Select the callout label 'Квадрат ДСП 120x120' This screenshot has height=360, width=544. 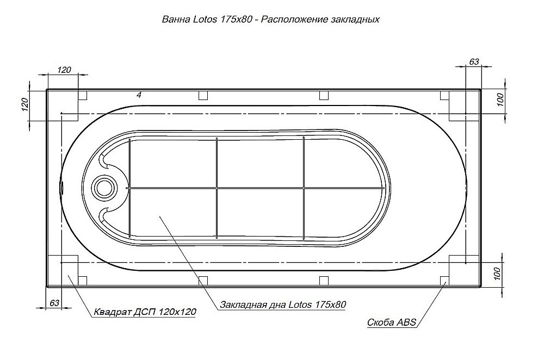145,312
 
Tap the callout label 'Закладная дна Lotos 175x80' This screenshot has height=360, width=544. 283,305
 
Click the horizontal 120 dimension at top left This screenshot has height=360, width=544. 64,70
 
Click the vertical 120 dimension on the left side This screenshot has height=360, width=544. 24,104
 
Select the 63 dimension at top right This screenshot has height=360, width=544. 474,61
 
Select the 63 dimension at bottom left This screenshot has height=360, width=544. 54,303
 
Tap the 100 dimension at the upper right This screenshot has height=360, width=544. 501,100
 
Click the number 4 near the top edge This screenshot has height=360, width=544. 139,95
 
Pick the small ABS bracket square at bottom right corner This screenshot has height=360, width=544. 444,280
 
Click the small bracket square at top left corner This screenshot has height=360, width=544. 83,96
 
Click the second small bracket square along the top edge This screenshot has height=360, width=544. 203,96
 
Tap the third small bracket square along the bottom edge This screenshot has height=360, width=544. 324,280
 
